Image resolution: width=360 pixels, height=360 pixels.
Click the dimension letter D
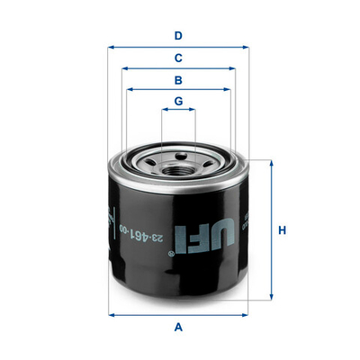point(179,36)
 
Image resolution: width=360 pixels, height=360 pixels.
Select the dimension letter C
point(179,58)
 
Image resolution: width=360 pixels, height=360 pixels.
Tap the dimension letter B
point(179,79)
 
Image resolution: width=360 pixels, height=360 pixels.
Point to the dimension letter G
point(179,101)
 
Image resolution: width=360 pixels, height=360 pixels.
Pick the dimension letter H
point(282,231)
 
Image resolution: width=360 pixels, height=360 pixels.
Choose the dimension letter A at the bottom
point(179,327)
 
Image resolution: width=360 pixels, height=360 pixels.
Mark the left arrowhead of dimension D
point(110,47)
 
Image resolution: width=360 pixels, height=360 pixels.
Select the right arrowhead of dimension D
point(249,47)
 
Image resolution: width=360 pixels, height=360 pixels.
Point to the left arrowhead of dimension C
point(124,67)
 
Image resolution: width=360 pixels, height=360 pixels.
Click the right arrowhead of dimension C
point(235,67)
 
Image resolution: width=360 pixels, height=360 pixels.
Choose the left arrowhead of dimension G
point(164,111)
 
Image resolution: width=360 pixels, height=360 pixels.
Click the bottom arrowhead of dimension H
point(270,299)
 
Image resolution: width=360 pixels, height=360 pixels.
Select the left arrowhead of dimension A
point(111,314)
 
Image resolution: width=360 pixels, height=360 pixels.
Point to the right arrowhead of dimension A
point(248,314)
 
